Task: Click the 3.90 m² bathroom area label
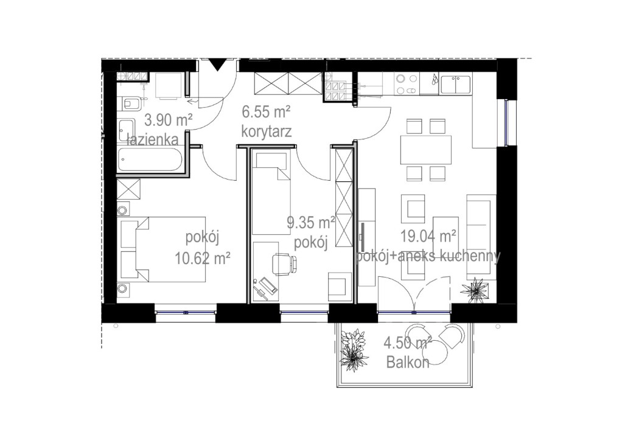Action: point(169,120)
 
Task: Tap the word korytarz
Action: point(266,131)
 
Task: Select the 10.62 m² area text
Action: point(203,257)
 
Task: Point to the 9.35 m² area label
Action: point(311,223)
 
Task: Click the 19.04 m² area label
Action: point(428,236)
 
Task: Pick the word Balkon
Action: point(408,363)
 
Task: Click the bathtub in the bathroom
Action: point(150,159)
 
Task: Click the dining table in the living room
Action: point(426,150)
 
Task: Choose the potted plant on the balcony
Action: point(354,351)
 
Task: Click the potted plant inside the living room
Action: point(474,290)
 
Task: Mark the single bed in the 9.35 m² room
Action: point(271,192)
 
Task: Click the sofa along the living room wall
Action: point(481,237)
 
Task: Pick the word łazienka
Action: point(153,139)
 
